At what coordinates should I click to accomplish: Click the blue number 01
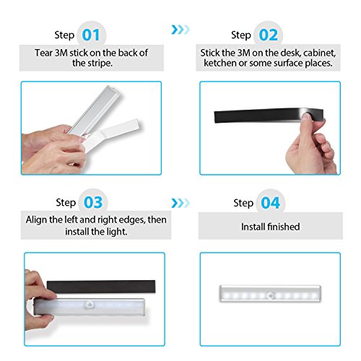tap(91, 35)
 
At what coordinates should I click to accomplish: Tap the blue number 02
tap(269, 35)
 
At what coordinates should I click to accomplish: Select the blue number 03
tap(93, 202)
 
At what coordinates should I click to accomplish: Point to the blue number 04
tap(271, 203)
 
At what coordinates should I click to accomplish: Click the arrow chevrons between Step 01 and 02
tap(180, 30)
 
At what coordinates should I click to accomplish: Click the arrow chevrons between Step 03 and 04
tap(180, 203)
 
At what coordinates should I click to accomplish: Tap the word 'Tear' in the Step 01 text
tap(43, 53)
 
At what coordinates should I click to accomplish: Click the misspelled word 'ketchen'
tap(220, 63)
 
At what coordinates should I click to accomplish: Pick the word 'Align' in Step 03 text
tap(36, 220)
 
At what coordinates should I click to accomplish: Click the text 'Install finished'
tap(271, 227)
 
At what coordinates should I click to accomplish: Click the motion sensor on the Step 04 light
tap(271, 295)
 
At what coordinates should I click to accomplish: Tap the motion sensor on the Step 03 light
tap(90, 305)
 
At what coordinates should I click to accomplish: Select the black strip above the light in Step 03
tap(101, 287)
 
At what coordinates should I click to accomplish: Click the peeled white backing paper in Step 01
tap(113, 134)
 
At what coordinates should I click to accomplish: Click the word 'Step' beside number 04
tap(243, 204)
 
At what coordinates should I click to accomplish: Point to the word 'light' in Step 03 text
tap(116, 232)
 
